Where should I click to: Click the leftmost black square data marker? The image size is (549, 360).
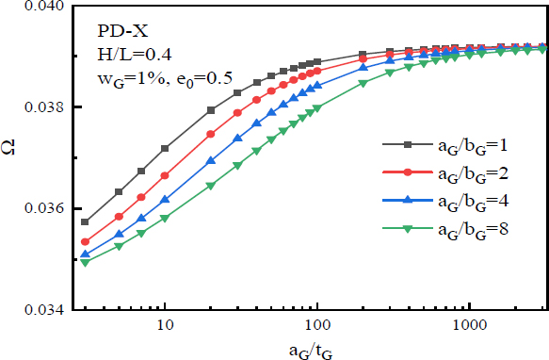[x=85, y=222]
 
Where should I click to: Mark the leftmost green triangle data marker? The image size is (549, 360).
[x=85, y=262]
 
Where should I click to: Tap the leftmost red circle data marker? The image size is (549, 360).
[x=85, y=242]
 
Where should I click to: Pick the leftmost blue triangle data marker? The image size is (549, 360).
[x=85, y=254]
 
